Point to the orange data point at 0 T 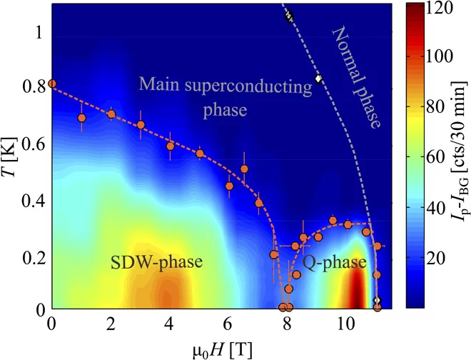(x=52, y=84)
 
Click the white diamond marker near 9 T (x=318, y=79)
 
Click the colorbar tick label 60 (x=435, y=158)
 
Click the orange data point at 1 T (x=81, y=118)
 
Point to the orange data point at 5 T (x=200, y=154)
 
